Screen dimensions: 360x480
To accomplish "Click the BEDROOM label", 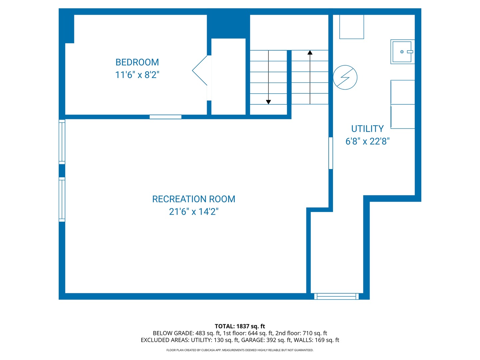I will click(x=137, y=62).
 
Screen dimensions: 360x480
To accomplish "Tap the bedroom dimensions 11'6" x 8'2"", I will click(x=137, y=75).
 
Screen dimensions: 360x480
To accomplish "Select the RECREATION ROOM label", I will click(x=194, y=199).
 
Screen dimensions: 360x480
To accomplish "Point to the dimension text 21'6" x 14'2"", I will click(x=194, y=212).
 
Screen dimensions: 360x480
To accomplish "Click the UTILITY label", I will click(x=367, y=129).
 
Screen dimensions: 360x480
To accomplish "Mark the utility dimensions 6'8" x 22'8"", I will click(x=367, y=141).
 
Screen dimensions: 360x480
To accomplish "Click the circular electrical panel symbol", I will click(x=345, y=77).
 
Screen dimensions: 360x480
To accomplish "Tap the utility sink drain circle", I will click(x=402, y=52).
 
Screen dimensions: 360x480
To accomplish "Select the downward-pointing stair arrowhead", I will click(x=268, y=102).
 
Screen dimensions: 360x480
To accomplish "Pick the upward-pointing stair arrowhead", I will click(x=310, y=52).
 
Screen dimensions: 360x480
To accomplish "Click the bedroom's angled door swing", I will click(x=200, y=70).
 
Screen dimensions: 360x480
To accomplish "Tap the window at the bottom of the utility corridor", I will click(x=336, y=296).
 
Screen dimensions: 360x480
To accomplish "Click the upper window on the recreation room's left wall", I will click(x=62, y=142).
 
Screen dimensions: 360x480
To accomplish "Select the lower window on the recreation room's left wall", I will click(x=62, y=199).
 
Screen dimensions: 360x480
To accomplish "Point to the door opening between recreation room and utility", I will click(x=331, y=153).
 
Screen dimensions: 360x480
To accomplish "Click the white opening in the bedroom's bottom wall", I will click(x=165, y=117).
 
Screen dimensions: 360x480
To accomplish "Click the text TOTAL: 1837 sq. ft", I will click(x=240, y=326).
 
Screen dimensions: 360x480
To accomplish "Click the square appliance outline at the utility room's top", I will click(x=351, y=27).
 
